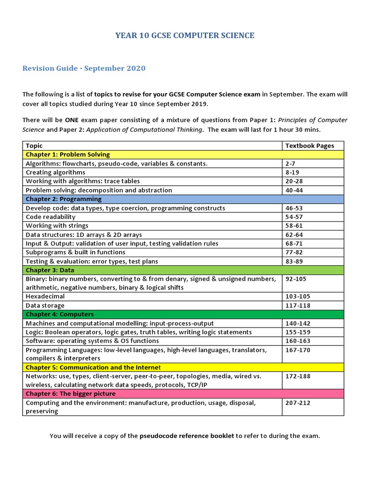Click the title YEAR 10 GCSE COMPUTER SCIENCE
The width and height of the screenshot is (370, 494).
185,35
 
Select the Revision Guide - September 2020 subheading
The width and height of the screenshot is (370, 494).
84,68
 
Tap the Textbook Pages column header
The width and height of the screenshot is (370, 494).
309,146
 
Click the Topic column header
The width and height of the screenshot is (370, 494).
34,146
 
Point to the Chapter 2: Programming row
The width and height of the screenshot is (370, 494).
64,199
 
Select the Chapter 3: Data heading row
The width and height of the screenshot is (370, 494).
50,270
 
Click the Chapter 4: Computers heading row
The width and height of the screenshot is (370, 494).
60,315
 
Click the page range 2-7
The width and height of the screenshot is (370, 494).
291,164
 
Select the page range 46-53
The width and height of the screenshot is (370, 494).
294,208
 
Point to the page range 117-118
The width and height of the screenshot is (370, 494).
298,305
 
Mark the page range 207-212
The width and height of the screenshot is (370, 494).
298,403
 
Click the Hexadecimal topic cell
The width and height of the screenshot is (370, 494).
45,296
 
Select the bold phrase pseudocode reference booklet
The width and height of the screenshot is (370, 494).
187,436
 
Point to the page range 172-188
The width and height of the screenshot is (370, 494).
298,376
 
